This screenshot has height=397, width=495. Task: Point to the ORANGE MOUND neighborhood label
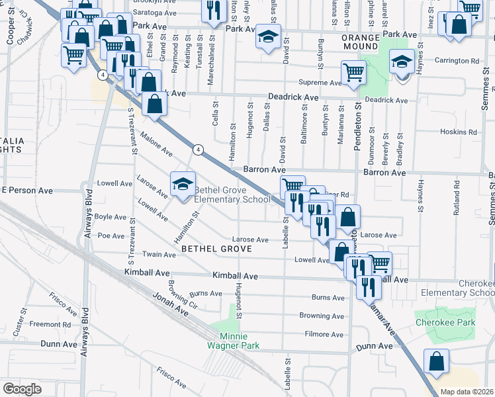tap(360, 42)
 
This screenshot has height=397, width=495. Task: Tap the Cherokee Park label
tap(445, 323)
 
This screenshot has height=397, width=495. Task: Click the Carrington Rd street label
tap(457, 61)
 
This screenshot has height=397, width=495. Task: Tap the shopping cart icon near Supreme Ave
tap(353, 71)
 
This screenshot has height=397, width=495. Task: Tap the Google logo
tap(22, 389)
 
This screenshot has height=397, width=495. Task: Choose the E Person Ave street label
tap(26, 190)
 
